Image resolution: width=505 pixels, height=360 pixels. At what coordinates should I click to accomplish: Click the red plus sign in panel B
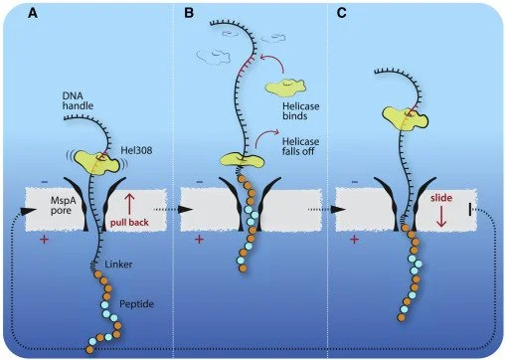(x=199, y=240)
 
